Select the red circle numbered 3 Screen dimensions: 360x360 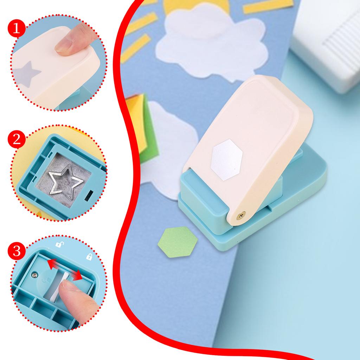point(16,252)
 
